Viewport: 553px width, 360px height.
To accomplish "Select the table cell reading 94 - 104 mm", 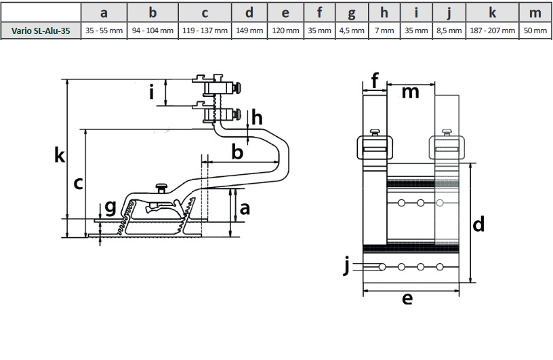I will point(152,31).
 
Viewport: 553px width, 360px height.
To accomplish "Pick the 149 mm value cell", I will point(250,31).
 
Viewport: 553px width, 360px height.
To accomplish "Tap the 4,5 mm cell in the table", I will point(351,31).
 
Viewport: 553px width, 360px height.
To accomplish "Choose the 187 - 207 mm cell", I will point(492,31).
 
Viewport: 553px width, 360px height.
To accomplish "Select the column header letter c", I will point(205,13).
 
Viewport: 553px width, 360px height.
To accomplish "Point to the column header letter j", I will point(449,13).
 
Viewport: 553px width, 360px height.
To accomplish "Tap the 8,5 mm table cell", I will point(449,31).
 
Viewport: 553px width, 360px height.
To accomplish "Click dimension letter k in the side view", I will point(60,156).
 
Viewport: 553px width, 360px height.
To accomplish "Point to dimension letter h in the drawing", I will point(257,119).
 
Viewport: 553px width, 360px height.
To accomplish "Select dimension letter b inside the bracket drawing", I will point(237,152).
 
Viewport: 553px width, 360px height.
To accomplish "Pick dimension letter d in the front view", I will point(478,224).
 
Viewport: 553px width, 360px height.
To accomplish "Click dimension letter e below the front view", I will point(407,299).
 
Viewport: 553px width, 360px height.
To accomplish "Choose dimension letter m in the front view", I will point(410,92).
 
